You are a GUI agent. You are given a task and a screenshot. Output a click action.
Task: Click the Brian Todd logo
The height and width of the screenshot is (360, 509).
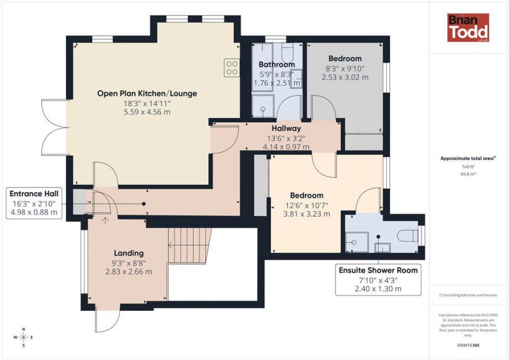pos(468,28)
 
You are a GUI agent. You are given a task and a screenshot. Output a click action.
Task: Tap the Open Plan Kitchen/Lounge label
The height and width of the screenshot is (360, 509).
pos(147,93)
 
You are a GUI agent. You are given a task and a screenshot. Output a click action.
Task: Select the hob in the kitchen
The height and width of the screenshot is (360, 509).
pos(231,68)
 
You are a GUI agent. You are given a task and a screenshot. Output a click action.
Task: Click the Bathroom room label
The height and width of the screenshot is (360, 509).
pos(277,65)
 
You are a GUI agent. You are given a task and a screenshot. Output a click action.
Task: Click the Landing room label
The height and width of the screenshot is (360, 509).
pos(128,253)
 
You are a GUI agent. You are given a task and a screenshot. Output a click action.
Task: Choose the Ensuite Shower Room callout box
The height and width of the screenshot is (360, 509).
pos(378,279)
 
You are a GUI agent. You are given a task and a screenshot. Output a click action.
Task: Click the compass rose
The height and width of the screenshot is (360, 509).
pos(23,337)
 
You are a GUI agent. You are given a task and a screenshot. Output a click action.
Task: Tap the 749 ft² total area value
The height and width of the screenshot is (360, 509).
pos(468,167)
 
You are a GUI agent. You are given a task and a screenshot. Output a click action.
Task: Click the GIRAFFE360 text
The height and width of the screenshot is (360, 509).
pos(468,344)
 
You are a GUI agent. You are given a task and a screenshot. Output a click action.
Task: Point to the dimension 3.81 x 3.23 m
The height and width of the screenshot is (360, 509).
pos(307,214)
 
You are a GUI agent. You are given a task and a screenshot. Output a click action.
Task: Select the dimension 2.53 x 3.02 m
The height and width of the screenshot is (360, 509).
pos(345,77)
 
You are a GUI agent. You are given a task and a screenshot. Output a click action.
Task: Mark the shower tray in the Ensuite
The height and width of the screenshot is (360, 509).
pos(357,242)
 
